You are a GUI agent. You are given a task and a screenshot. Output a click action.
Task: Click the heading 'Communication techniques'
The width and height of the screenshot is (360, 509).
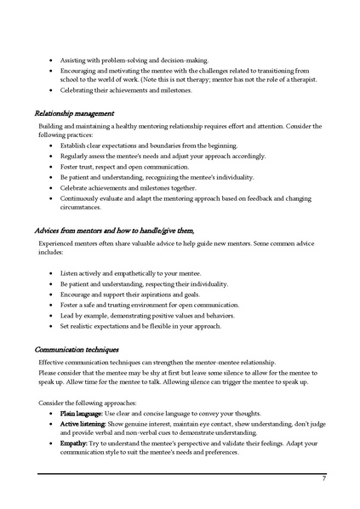click(x=76, y=349)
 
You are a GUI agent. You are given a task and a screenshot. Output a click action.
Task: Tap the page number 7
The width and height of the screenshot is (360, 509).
click(x=323, y=479)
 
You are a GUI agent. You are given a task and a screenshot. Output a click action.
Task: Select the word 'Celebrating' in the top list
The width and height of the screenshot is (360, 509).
click(x=77, y=89)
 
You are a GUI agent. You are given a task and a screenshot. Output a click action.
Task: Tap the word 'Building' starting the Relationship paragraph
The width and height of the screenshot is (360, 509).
click(x=51, y=126)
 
